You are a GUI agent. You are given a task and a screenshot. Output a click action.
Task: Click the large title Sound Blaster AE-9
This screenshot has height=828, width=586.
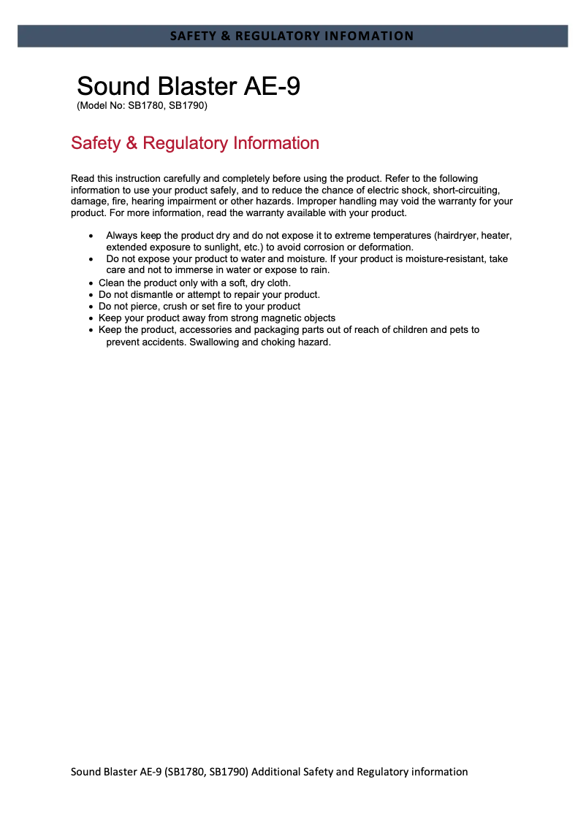coord(189,86)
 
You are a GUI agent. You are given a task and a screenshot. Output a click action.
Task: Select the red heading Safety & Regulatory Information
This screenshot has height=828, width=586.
coord(195,143)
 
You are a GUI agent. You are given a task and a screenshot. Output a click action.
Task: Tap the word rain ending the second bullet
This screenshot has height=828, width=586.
coord(319,271)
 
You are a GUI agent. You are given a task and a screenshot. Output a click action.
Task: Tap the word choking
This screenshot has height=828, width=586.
coord(274,341)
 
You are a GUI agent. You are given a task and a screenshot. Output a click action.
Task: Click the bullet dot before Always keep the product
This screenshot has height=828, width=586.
coord(91,237)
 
